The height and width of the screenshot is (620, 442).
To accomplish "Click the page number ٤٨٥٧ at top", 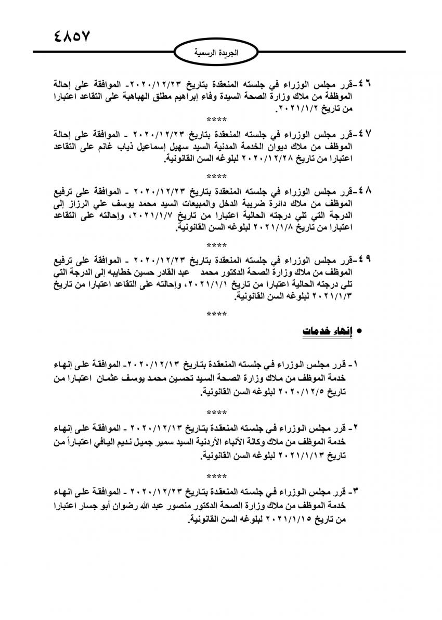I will coord(72,37).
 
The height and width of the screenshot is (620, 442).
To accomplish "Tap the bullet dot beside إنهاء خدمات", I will coord(358,332).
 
